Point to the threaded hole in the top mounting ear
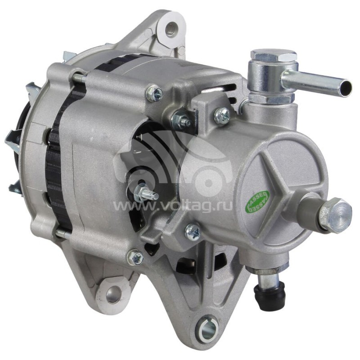click(x=171, y=29)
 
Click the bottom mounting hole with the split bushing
click(x=207, y=329)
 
